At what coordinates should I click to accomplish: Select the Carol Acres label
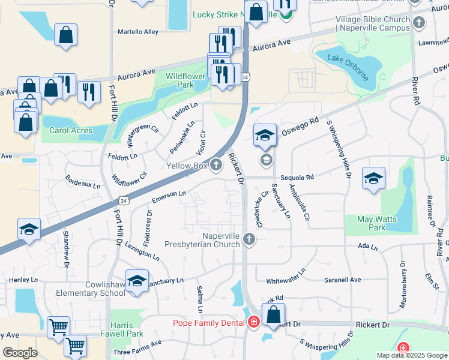pyautogui.click(x=71, y=130)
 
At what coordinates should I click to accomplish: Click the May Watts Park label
pyautogui.click(x=377, y=223)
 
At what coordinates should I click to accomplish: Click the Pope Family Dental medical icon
pyautogui.click(x=253, y=323)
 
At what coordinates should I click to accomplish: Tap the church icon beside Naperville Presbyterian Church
pyautogui.click(x=249, y=241)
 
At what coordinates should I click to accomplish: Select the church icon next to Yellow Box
pyautogui.click(x=215, y=165)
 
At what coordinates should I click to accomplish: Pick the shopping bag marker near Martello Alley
pyautogui.click(x=65, y=35)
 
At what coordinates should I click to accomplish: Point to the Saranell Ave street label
pyautogui.click(x=343, y=280)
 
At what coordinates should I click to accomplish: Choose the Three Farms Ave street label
pyautogui.click(x=137, y=347)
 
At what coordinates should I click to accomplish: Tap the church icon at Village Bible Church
pyautogui.click(x=419, y=23)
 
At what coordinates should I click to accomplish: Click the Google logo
pyautogui.click(x=20, y=353)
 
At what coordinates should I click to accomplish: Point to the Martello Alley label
pyautogui.click(x=137, y=31)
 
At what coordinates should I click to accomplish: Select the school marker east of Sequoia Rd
pyautogui.click(x=373, y=178)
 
